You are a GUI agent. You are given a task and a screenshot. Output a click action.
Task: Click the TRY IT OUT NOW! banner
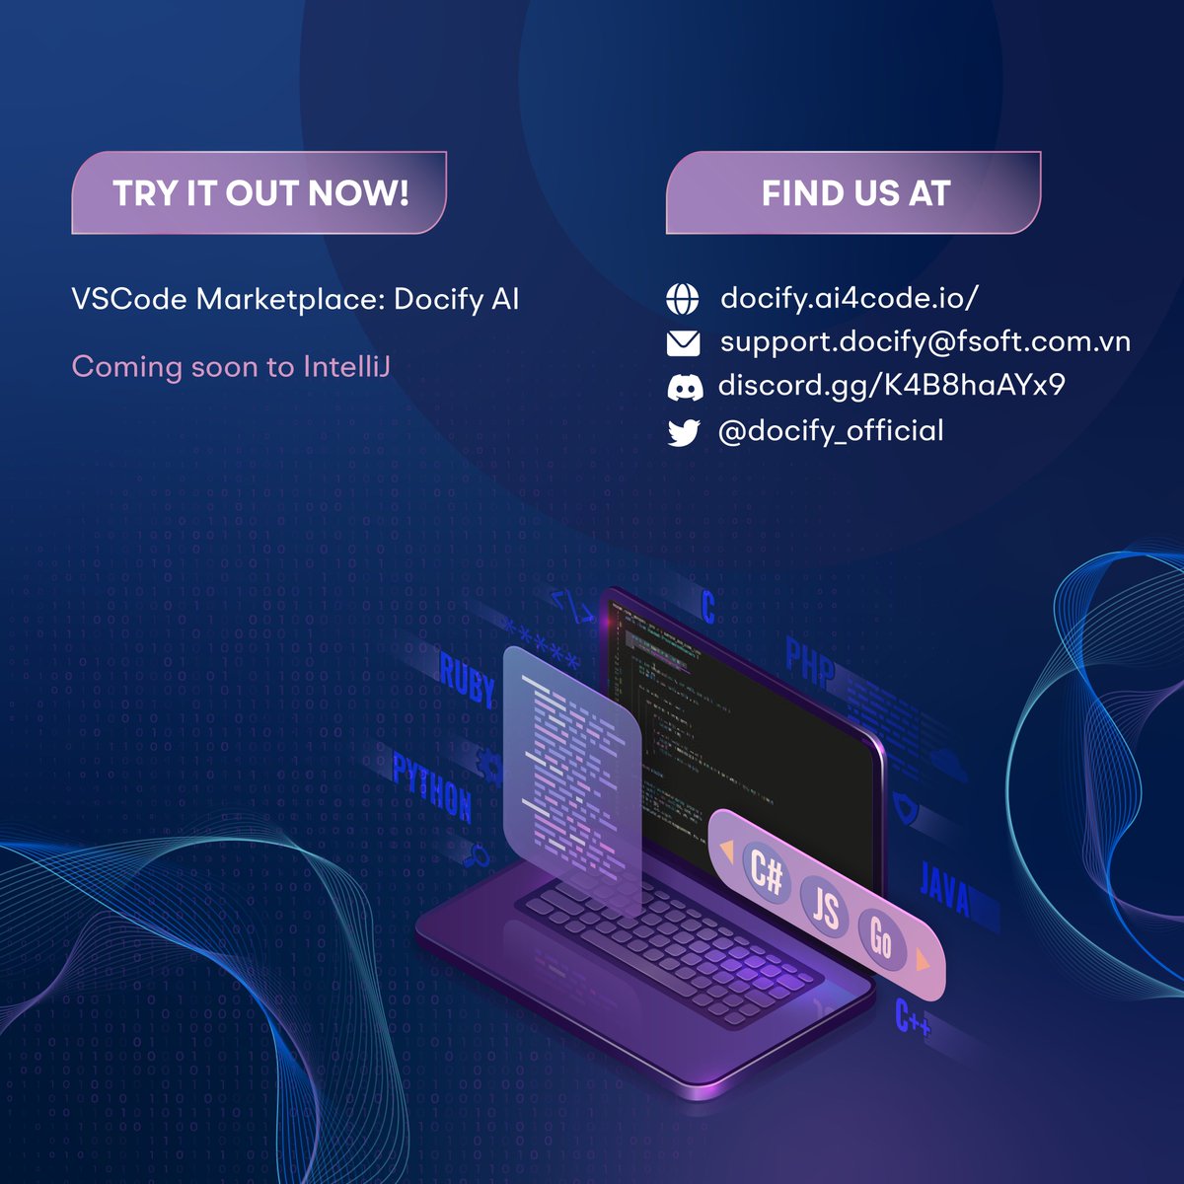[x=259, y=193]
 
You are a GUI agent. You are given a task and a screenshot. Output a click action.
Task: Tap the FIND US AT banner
[x=854, y=193]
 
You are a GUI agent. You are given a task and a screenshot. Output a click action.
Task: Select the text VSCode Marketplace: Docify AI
[x=295, y=299]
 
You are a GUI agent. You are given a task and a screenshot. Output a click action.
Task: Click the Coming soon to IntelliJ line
[x=231, y=367]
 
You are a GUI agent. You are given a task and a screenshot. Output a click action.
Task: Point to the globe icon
[x=683, y=298]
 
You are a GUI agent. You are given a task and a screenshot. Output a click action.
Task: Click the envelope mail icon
[x=683, y=343]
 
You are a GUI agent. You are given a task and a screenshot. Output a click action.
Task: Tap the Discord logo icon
[x=684, y=387]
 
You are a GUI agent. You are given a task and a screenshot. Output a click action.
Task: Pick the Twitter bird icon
[x=683, y=432]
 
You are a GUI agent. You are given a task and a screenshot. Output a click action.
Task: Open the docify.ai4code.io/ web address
[x=850, y=298]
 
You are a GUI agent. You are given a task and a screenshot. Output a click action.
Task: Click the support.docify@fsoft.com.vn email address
[x=925, y=342]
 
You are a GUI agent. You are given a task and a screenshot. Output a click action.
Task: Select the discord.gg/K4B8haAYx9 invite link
[x=891, y=385]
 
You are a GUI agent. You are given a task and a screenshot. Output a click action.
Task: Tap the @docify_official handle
[x=831, y=431]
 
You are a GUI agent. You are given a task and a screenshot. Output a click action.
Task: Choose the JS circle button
[x=825, y=907]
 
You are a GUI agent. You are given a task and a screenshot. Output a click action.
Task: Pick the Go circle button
[x=880, y=938]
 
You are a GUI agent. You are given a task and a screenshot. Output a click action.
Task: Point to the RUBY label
[x=467, y=680]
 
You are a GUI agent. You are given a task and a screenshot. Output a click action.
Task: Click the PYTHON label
[x=432, y=787]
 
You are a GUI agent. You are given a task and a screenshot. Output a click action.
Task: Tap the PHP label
[x=810, y=662]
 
